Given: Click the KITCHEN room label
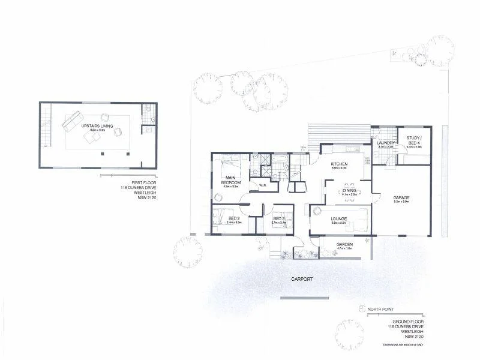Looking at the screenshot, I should [340, 164].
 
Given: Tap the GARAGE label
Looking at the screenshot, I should [401, 197].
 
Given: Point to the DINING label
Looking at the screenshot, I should [349, 190].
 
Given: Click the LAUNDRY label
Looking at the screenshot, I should [385, 143].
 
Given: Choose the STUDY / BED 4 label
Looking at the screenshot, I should [414, 140].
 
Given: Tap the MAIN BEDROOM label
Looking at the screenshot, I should [230, 180].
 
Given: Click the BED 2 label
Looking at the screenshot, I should [234, 218].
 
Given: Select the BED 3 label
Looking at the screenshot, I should [278, 218].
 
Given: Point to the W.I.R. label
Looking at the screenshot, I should [262, 185].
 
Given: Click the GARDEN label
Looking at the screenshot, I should [344, 244].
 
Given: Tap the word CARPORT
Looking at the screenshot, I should [303, 280].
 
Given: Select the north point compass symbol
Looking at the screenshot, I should [361, 309].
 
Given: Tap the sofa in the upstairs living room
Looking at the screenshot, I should [70, 119].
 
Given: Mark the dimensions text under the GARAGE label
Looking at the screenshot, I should [401, 202].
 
